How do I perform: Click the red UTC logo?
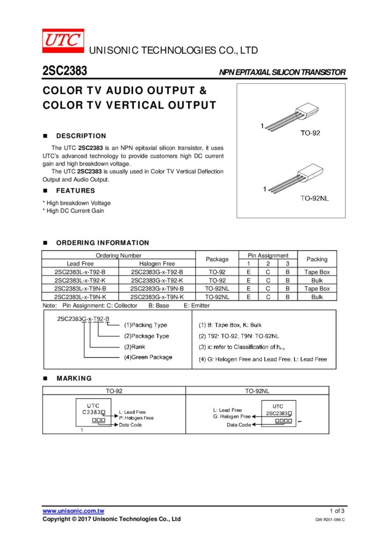[x=63, y=40]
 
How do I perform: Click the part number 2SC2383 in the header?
[x=65, y=71]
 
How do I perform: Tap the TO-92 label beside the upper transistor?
[x=309, y=133]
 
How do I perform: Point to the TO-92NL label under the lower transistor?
[x=314, y=199]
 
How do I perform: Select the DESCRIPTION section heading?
[x=81, y=136]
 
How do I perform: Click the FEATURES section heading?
[x=75, y=191]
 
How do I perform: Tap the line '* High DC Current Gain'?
[x=74, y=211]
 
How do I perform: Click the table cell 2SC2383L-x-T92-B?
[x=80, y=272]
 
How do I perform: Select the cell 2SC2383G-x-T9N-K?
[x=157, y=296]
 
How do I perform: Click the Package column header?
[x=217, y=259]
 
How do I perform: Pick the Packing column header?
[x=316, y=259]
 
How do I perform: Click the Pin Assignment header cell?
[x=268, y=256]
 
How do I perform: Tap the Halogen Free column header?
[x=157, y=264]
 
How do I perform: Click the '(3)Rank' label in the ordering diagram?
[x=134, y=347]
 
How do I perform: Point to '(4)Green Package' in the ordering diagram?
[x=148, y=357]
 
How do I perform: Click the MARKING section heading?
[x=74, y=378]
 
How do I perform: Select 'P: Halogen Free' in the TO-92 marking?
[x=136, y=418]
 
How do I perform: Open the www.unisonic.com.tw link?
[x=73, y=511]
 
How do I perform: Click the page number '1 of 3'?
[x=337, y=511]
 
